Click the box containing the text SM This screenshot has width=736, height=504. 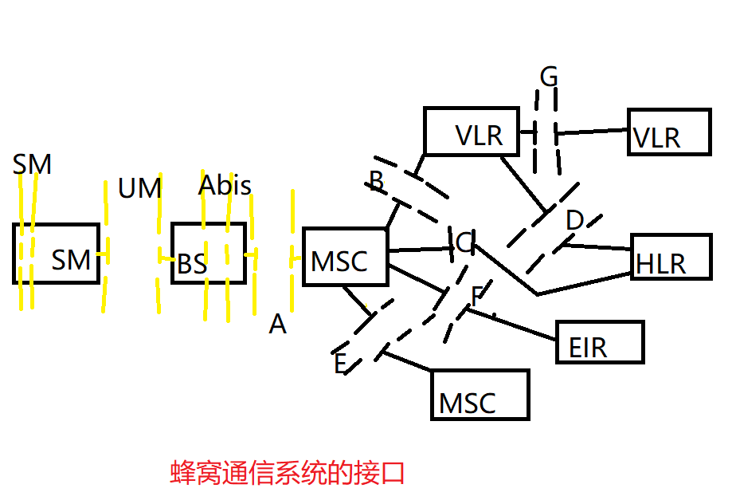click(57, 254)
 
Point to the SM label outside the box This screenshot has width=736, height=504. click(32, 164)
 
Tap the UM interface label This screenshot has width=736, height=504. click(139, 189)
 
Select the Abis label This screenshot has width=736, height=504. click(225, 186)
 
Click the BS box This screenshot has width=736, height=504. click(208, 254)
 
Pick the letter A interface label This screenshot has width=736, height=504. click(277, 324)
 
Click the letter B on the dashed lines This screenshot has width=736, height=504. click(377, 181)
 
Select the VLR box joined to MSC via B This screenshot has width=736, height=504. click(470, 131)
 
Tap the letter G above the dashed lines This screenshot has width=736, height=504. click(549, 77)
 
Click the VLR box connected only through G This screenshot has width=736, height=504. click(668, 132)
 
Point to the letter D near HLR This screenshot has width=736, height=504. click(574, 221)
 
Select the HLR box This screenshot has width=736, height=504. click(671, 256)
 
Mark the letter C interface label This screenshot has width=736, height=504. click(464, 242)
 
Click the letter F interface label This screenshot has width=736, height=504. click(476, 296)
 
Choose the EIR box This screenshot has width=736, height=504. click(599, 342)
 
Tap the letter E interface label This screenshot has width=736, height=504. click(340, 363)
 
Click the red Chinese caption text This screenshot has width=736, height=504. click(288, 472)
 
